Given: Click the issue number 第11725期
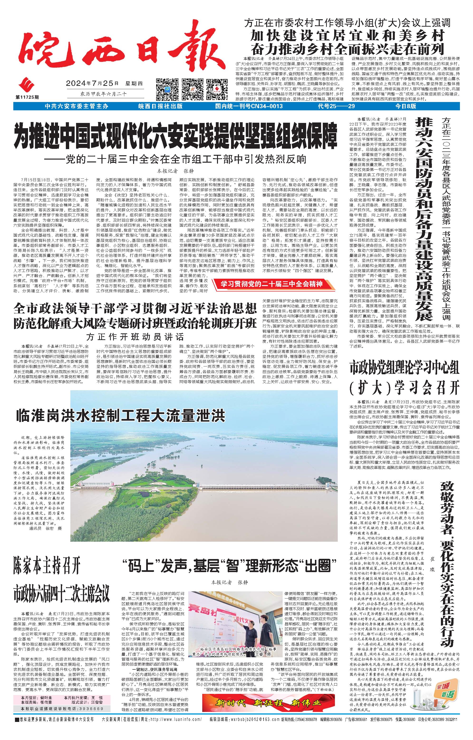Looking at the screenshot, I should point(27,97).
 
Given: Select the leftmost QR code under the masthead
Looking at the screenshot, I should point(167,89).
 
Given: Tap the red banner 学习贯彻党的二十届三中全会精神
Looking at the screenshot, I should point(271,284).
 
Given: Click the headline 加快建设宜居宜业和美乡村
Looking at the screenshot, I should point(347,36).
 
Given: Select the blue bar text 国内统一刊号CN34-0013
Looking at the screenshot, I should point(249,106).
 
